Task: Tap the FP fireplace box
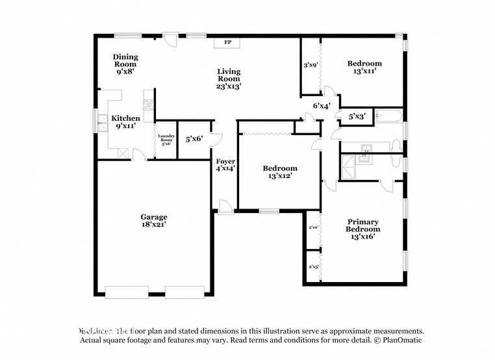tap(228, 42)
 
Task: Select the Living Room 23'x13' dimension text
tap(229, 86)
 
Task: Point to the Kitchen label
tap(125, 118)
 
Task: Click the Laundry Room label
tap(166, 138)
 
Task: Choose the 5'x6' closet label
tap(194, 138)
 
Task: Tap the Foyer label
tap(225, 161)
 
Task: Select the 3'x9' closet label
tap(310, 65)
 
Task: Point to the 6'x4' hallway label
tap(322, 105)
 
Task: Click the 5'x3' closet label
tap(357, 117)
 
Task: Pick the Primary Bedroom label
tap(362, 225)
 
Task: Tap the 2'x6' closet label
tap(312, 227)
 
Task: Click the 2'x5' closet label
tap(312, 266)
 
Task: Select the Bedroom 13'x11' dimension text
tap(364, 71)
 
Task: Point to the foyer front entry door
tap(225, 207)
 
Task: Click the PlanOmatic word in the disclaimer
tap(403, 340)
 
